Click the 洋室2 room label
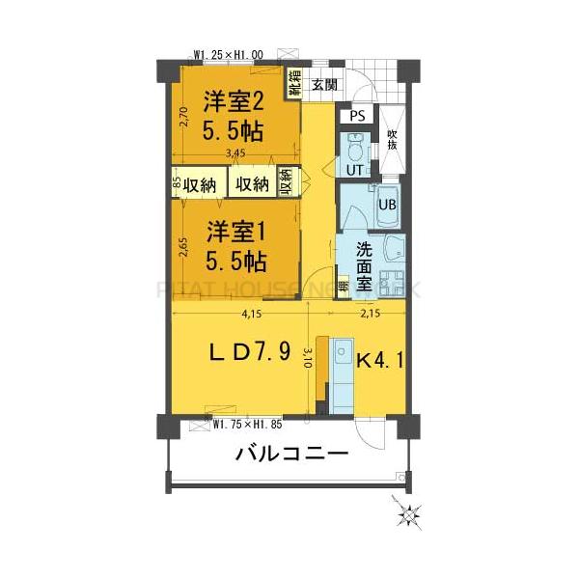click(x=234, y=101)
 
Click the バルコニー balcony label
click(x=291, y=455)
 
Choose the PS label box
click(x=357, y=117)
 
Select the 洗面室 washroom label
click(x=365, y=264)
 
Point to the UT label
click(x=353, y=170)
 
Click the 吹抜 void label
click(x=392, y=139)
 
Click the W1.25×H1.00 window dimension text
click(x=229, y=55)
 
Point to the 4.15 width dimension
click(x=251, y=313)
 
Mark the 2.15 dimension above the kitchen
click(x=370, y=313)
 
